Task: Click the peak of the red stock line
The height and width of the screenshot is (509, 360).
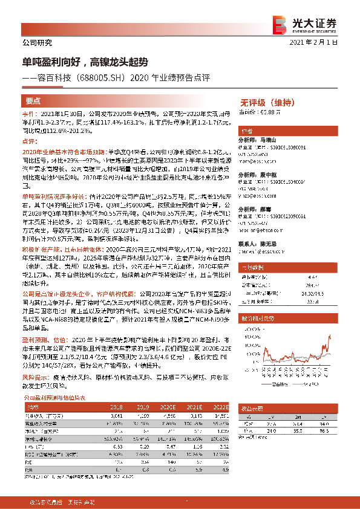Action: tap(330, 334)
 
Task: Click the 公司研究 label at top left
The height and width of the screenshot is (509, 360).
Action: tap(37, 43)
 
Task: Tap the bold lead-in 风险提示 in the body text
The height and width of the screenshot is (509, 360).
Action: tap(34, 375)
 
